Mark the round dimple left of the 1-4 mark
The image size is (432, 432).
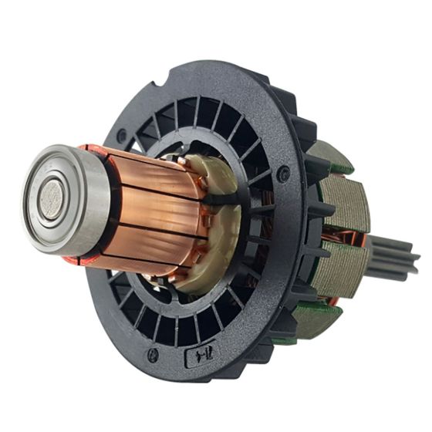[153, 356]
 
